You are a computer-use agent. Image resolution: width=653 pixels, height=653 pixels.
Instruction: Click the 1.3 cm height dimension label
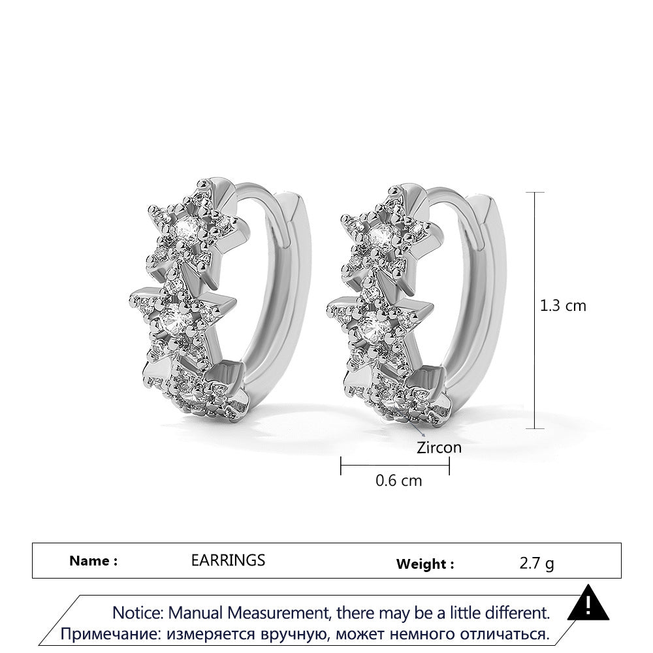pyautogui.click(x=563, y=306)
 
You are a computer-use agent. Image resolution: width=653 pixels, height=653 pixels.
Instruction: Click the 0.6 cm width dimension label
pyautogui.click(x=398, y=481)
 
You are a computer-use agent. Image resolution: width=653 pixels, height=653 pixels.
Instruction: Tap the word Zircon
pyautogui.click(x=439, y=448)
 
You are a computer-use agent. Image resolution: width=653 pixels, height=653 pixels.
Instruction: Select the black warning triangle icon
pyautogui.click(x=588, y=602)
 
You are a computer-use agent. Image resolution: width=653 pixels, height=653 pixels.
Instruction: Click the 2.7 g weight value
pyautogui.click(x=537, y=564)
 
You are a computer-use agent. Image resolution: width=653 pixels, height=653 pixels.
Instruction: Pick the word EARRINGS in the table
pyautogui.click(x=228, y=560)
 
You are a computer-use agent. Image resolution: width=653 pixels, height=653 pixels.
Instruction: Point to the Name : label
pyautogui.click(x=93, y=560)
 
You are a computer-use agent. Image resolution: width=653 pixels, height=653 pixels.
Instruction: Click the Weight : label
pyautogui.click(x=425, y=564)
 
